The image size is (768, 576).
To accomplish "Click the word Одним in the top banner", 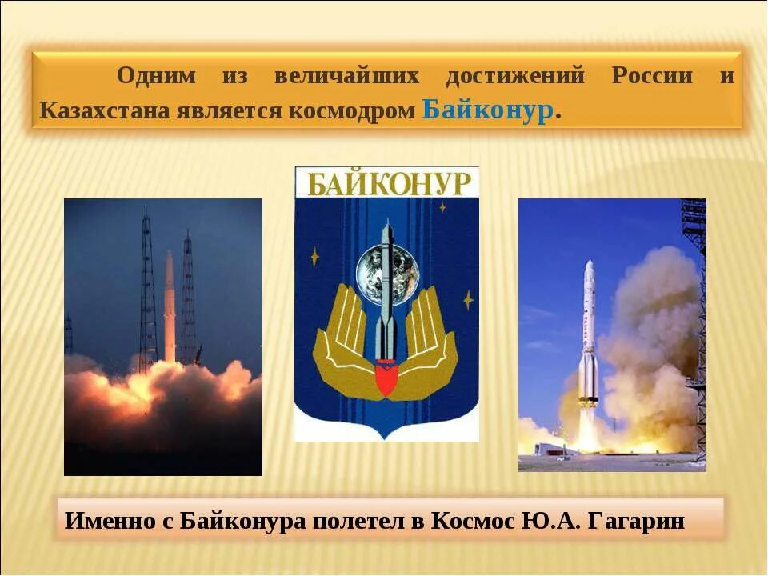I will click(156, 77).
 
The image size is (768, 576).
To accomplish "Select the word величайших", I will click(346, 77).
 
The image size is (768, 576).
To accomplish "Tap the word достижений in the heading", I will click(515, 77).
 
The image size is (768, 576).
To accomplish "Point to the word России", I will click(652, 77).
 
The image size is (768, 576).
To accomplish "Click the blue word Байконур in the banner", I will click(488, 110).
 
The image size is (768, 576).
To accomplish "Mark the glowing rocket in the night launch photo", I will click(170, 308).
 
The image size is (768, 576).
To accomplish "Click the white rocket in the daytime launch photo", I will click(588, 336).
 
